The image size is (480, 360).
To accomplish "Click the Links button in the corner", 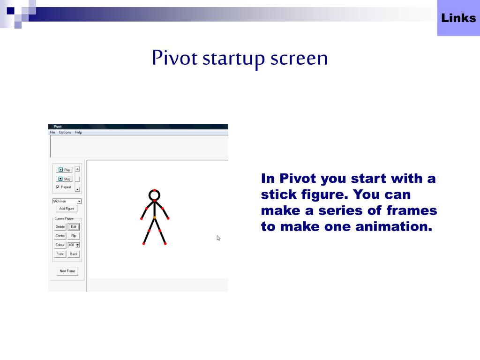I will click(458, 18).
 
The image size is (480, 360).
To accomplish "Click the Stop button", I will click(64, 179).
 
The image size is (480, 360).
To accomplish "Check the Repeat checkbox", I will click(58, 187).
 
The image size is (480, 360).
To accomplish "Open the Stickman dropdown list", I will click(79, 201).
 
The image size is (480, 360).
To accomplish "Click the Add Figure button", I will click(67, 209).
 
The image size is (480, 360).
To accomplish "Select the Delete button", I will click(60, 227).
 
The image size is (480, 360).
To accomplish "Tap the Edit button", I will click(74, 227).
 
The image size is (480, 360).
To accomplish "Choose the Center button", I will click(60, 236).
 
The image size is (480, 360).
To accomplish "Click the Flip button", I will click(74, 236).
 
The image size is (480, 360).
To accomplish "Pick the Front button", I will click(60, 254).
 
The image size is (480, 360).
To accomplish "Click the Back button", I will click(74, 254).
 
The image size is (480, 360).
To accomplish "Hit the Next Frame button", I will click(67, 271).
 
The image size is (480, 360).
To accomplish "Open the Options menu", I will click(65, 132).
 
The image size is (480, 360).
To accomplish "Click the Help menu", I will click(78, 132).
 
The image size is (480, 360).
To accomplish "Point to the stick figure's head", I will click(154, 194).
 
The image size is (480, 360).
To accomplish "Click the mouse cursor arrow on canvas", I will click(218, 238).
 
